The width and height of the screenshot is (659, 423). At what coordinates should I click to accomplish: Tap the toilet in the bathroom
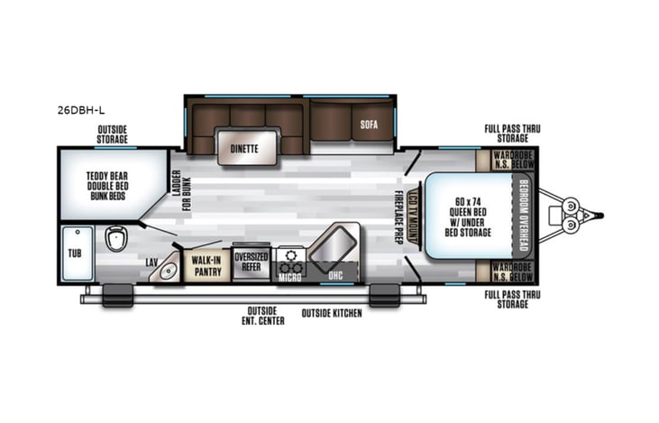(x=114, y=240)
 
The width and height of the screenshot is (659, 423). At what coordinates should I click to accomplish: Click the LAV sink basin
(x=166, y=268)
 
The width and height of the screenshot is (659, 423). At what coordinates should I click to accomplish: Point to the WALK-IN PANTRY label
(x=206, y=264)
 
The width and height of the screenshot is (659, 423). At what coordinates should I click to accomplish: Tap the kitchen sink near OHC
(x=333, y=241)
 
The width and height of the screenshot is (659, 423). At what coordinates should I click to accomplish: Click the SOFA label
(x=367, y=125)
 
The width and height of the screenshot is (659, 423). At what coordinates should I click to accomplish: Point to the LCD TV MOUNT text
(x=413, y=216)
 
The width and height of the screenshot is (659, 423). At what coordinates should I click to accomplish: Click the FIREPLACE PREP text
(x=397, y=216)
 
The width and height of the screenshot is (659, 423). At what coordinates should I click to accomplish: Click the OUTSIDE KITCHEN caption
(x=332, y=313)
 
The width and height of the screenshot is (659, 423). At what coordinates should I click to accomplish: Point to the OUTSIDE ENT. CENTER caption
(x=262, y=316)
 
